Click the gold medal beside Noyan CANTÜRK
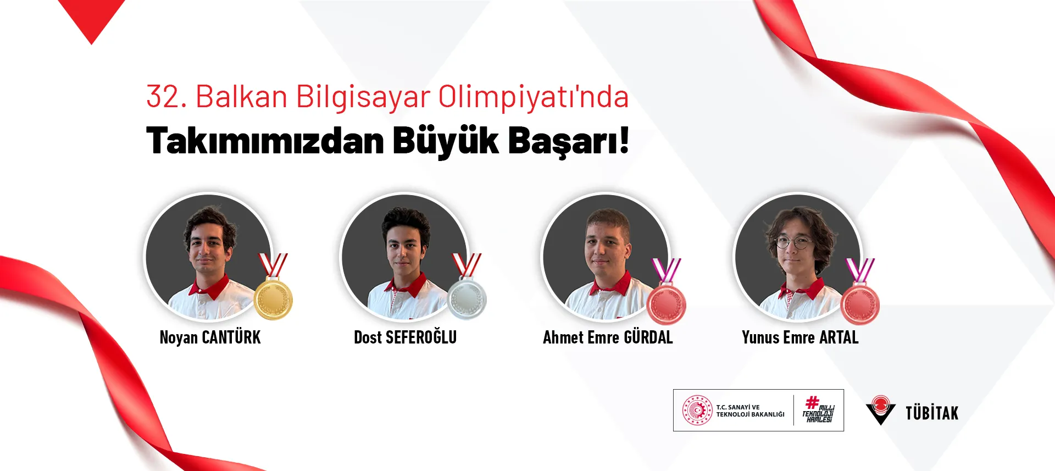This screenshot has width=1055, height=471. [x=274, y=299]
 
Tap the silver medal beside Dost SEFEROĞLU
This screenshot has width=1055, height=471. [x=467, y=299]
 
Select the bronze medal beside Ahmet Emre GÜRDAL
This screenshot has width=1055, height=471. [x=667, y=304]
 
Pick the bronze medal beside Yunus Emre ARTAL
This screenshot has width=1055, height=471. [x=860, y=304]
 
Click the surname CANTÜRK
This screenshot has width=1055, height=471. [x=231, y=337]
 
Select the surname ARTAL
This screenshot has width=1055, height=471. [x=839, y=337]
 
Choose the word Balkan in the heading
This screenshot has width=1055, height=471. [x=242, y=97]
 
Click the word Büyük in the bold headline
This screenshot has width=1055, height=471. [x=446, y=141]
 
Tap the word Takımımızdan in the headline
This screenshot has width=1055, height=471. [x=265, y=141]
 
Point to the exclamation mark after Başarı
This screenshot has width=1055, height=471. [x=624, y=140]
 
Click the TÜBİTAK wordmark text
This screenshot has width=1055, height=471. [x=932, y=413]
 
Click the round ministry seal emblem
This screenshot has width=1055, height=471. [x=697, y=410]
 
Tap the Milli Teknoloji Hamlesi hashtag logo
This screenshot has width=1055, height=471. [x=818, y=409]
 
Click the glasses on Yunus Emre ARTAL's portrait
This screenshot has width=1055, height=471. [x=794, y=242]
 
